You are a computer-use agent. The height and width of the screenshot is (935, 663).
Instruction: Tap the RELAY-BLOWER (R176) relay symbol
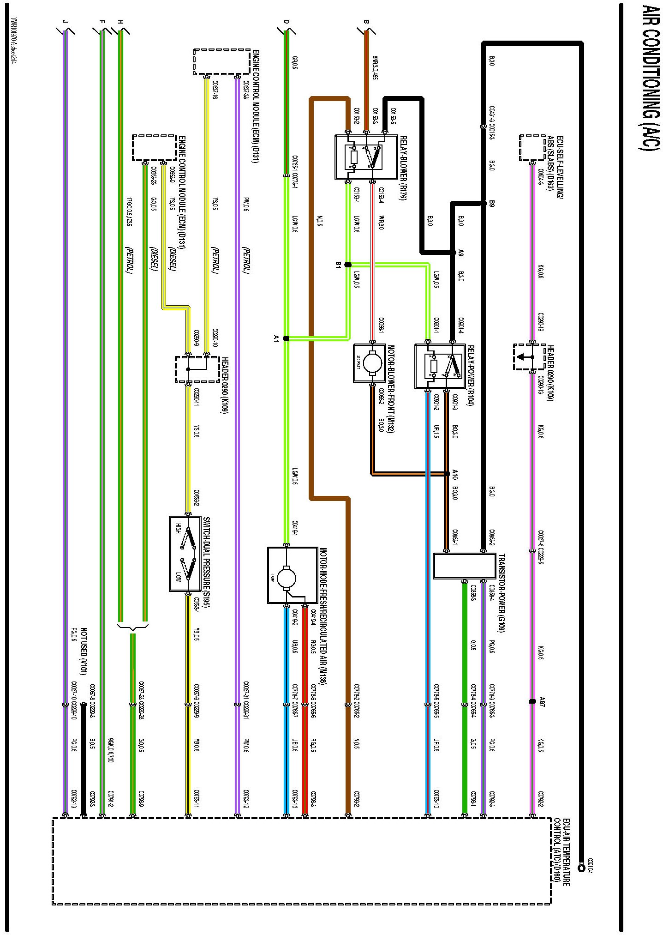366,157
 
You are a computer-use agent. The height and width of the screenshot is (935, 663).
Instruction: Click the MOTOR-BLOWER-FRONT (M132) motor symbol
370,362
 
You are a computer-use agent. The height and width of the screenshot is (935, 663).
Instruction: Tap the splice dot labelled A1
286,338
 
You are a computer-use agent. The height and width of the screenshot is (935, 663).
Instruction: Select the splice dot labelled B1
348,265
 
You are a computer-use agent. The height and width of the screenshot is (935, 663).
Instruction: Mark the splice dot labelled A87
532,701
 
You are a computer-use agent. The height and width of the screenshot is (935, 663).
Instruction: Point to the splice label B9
492,203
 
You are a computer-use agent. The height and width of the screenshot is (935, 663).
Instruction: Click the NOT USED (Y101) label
84,651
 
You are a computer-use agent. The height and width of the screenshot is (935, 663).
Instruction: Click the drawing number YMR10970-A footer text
14,42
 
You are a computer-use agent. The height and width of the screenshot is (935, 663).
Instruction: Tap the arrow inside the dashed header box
521,356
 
